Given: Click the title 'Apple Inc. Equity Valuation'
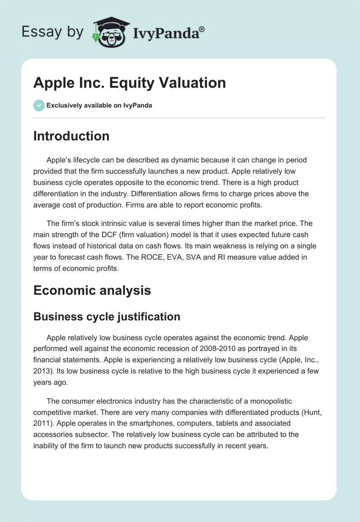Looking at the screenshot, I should pos(130,83).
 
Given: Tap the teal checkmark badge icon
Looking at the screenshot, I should pos(39,105).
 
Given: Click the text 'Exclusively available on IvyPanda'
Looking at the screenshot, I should pos(99,105).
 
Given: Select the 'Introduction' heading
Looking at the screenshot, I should pos(71,136).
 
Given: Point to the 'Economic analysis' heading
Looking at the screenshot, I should pos(92,290).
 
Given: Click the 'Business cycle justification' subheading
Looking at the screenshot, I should pos(107,316).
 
